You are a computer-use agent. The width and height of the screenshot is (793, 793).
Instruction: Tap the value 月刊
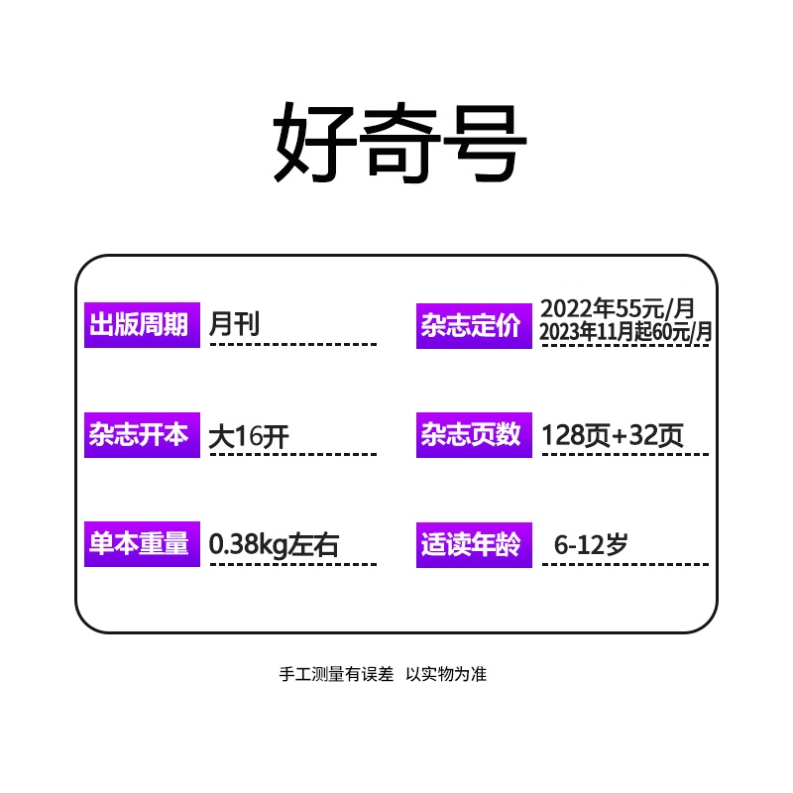click(x=235, y=323)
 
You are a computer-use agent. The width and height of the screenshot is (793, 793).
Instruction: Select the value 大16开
click(x=249, y=435)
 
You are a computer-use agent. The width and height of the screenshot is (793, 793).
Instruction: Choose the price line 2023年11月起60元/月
click(x=625, y=332)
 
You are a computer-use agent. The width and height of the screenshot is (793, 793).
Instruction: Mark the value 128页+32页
click(x=613, y=435)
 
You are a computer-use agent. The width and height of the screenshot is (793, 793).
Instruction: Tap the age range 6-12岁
click(x=591, y=544)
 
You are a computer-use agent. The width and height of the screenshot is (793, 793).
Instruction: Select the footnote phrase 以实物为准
click(x=447, y=674)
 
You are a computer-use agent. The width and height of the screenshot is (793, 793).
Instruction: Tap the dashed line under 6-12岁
click(x=624, y=565)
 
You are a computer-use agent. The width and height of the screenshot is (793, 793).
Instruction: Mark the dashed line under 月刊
click(x=292, y=344)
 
